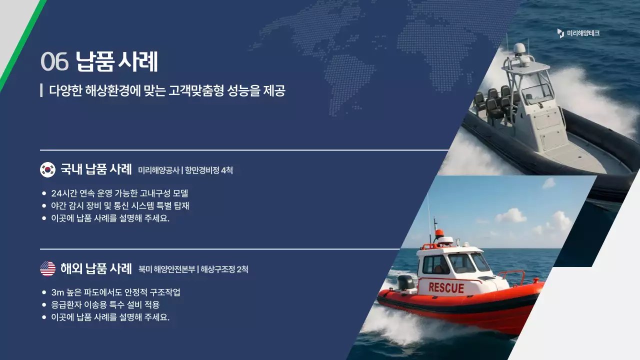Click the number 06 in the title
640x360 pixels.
(x=54, y=62)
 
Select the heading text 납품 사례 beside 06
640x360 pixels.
(x=117, y=62)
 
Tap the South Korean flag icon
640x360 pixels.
(x=47, y=169)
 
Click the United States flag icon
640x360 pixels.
(x=47, y=268)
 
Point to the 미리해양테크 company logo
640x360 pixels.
(x=578, y=33)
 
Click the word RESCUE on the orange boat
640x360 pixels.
(x=446, y=288)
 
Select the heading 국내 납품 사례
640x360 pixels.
(x=95, y=169)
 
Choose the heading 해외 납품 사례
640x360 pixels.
(x=95, y=268)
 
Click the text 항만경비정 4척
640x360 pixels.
(x=209, y=170)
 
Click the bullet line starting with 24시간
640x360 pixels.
(x=119, y=193)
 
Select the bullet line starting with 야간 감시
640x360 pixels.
(x=120, y=205)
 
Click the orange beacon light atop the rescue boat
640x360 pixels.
(x=439, y=233)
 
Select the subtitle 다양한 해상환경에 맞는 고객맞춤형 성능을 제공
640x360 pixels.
(x=167, y=90)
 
